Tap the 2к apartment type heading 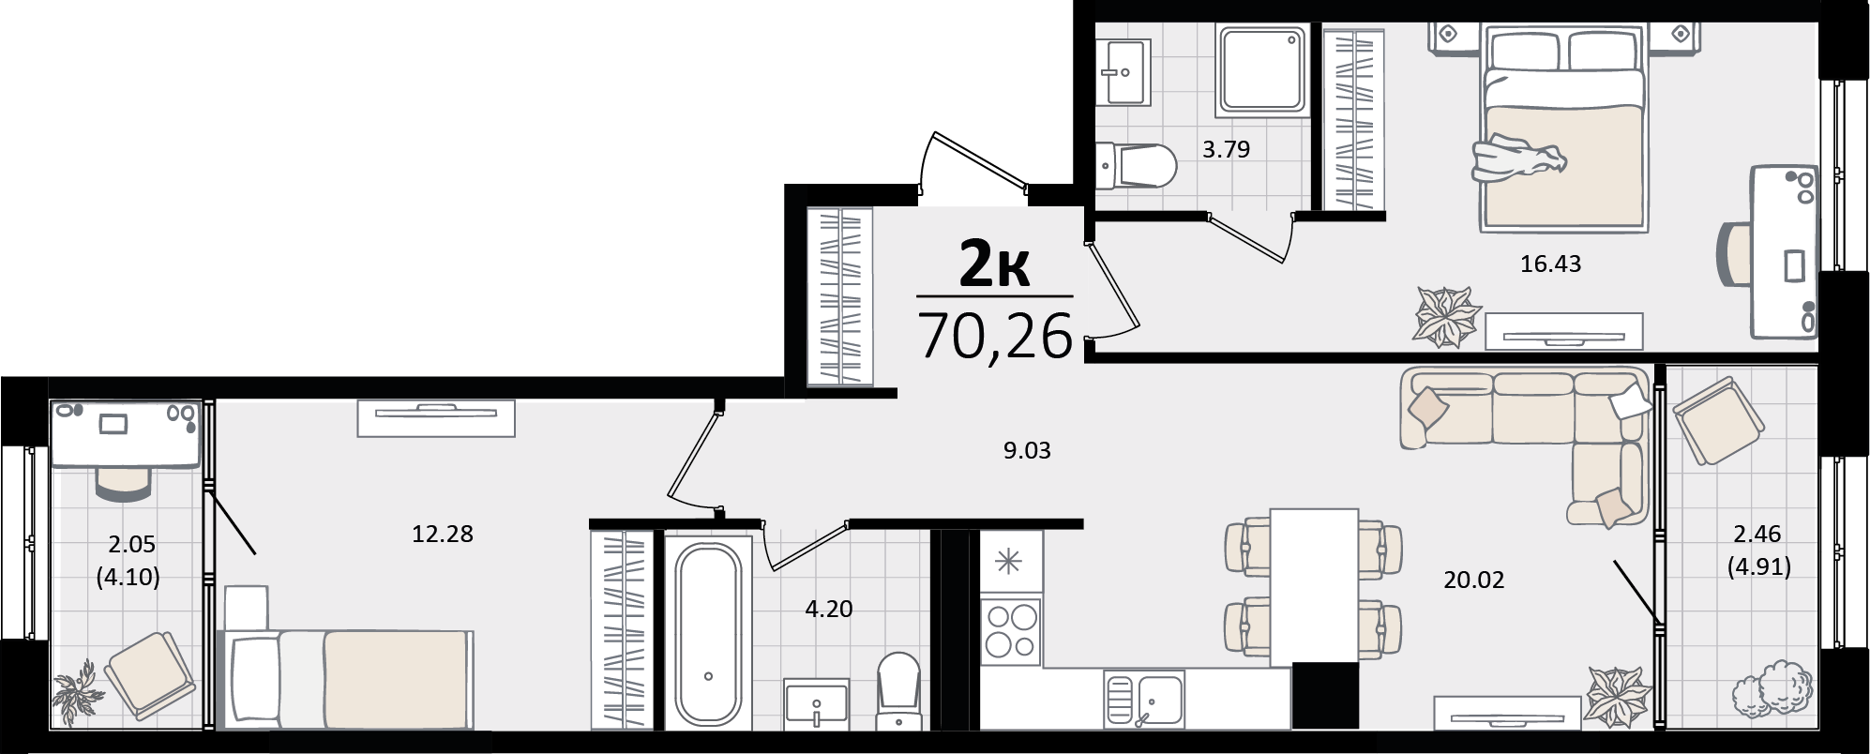point(995,266)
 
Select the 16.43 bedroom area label point(1550,264)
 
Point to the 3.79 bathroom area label point(1227,149)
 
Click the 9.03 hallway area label point(1027,451)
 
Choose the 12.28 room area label point(443,535)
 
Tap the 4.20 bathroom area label point(829,610)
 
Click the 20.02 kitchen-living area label point(1473,581)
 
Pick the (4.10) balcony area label point(128,578)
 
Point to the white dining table point(1313,587)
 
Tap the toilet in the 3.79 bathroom point(1137,168)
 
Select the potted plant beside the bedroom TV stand point(1447,317)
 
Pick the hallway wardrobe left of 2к point(839,295)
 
